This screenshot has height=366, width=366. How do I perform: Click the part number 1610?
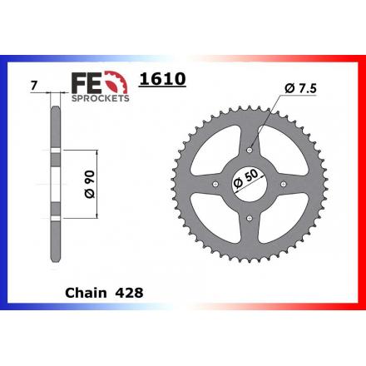162,79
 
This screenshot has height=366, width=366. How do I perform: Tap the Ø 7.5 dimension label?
300,88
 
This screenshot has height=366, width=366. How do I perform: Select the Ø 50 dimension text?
246,178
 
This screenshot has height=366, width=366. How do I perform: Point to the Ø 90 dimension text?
89,184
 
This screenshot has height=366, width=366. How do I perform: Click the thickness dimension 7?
33,86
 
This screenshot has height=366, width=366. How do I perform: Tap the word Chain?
86,293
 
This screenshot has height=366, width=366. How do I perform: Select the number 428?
129,293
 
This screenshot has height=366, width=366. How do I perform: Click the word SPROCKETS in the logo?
101,98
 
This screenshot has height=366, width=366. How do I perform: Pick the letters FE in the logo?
87,82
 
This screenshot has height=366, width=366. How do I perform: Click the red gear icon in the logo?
117,82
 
